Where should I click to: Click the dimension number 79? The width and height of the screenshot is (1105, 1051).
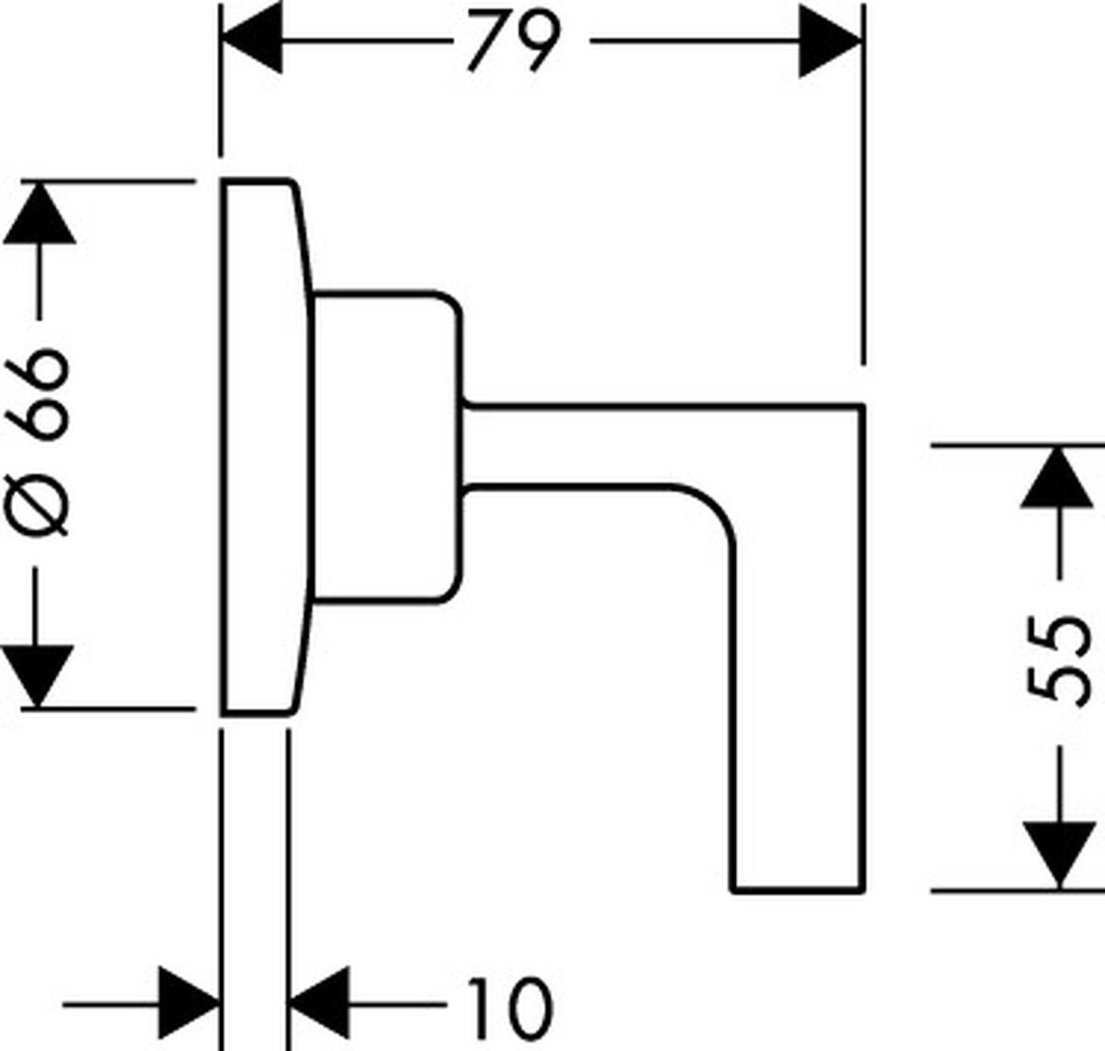tap(514, 41)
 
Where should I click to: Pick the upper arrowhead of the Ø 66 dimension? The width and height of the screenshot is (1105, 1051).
tap(39, 214)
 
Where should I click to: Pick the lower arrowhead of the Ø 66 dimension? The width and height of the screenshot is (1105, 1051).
tap(39, 676)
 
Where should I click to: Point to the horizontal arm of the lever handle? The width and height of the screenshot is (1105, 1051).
tap(626, 444)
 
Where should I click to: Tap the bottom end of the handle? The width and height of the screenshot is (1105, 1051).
tap(798, 888)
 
